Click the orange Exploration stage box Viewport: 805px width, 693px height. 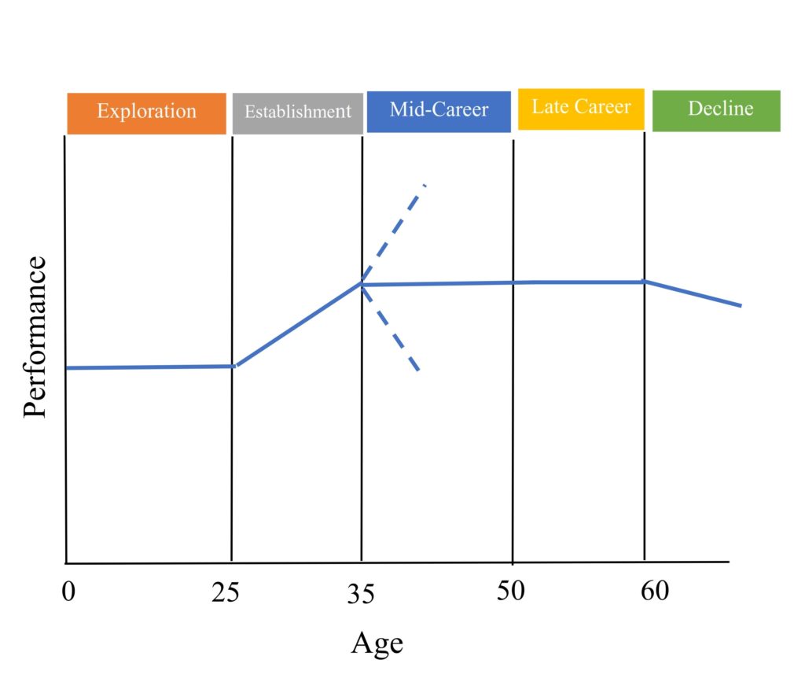click(x=146, y=112)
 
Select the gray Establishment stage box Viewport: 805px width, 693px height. click(x=297, y=112)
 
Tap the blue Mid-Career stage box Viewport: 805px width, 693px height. click(x=439, y=111)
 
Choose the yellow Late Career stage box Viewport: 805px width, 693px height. click(x=581, y=109)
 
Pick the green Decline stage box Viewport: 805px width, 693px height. click(x=716, y=110)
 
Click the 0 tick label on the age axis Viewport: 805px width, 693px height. click(x=68, y=591)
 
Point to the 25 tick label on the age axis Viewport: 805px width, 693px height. click(x=225, y=592)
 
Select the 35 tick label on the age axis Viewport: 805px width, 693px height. click(x=362, y=594)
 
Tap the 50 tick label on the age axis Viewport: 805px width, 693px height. click(x=511, y=590)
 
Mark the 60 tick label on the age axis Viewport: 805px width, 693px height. click(x=655, y=590)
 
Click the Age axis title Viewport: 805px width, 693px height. click(x=377, y=643)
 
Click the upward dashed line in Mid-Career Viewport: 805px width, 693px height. click(x=395, y=232)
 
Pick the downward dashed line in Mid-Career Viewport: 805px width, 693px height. click(x=391, y=328)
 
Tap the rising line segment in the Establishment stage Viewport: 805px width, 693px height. click(x=299, y=323)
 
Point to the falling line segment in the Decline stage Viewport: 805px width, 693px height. click(x=692, y=293)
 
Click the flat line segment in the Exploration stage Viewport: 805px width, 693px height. click(x=149, y=367)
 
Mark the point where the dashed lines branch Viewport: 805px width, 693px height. click(x=362, y=283)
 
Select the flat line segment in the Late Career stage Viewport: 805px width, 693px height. click(x=578, y=282)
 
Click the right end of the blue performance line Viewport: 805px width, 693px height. click(x=740, y=305)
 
